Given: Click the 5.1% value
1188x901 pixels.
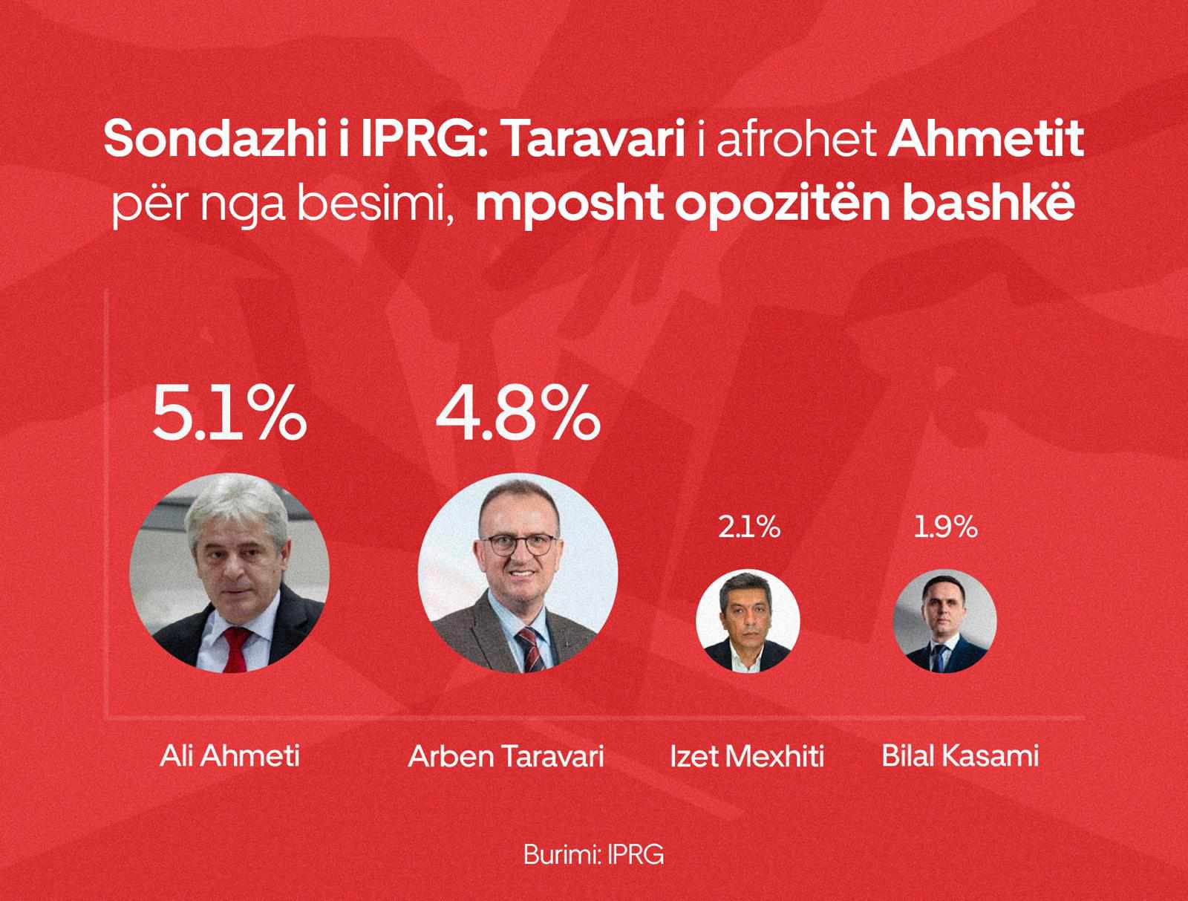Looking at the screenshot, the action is [229, 412].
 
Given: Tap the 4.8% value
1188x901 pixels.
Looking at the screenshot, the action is [518, 412].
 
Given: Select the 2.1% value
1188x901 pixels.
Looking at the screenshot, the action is [749, 527].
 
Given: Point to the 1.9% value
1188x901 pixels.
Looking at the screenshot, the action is [945, 527].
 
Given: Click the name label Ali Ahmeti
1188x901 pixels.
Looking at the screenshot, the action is [229, 756].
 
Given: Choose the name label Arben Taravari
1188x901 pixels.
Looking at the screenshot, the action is [506, 756].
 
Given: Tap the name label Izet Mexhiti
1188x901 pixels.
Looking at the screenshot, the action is [747, 756].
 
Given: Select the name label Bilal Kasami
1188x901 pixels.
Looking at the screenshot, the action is [960, 756].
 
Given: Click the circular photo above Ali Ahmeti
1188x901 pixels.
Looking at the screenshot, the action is [229, 573].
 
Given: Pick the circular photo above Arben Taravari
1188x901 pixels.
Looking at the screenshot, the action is [518, 573].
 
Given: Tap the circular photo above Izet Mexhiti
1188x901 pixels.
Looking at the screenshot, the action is [748, 620].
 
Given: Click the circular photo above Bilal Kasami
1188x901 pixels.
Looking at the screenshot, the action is [944, 620].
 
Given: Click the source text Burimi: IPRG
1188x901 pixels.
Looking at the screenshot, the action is [593, 854].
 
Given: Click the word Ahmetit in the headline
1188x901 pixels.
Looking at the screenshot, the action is [985, 139].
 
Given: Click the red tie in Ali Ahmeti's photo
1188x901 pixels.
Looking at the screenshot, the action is [237, 649].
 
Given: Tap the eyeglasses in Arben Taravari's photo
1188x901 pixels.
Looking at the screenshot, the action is [518, 544].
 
